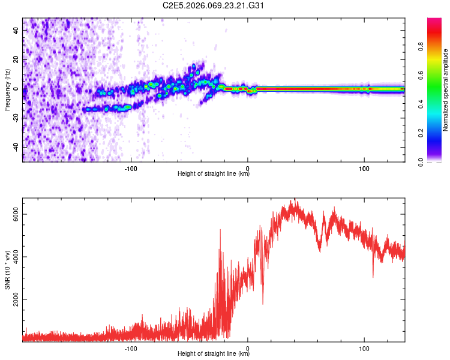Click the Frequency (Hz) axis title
tap(7, 90)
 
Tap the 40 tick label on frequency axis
tap(16, 31)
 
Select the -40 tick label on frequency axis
tap(16, 147)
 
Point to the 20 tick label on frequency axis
tap(16, 60)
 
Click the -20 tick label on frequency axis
tap(16, 118)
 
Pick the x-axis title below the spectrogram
tap(214, 173)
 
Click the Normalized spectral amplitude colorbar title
tap(446, 90)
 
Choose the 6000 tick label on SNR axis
tap(16, 214)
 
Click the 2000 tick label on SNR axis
tap(16, 299)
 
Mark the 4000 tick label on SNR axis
tap(16, 257)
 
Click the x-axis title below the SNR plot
tap(214, 354)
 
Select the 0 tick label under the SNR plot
tap(248, 347)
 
